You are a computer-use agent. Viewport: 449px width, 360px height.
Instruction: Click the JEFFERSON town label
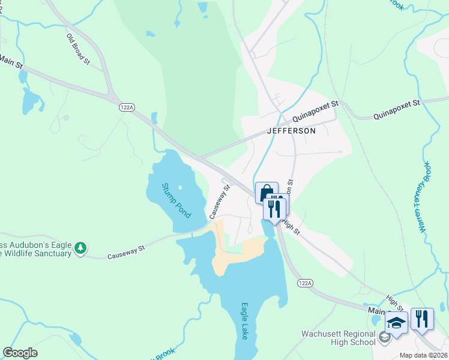click(x=291, y=131)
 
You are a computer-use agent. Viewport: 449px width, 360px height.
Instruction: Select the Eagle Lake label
click(x=244, y=321)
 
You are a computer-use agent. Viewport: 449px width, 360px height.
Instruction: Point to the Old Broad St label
click(x=78, y=49)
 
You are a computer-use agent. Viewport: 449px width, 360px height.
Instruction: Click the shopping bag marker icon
click(x=267, y=193)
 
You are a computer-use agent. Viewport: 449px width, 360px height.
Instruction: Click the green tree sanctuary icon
click(x=80, y=248)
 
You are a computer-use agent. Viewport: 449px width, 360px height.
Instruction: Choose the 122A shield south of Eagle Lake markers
click(x=304, y=282)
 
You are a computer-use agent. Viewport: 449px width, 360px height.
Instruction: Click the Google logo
click(x=20, y=353)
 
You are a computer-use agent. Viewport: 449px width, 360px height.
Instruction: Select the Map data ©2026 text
click(x=423, y=355)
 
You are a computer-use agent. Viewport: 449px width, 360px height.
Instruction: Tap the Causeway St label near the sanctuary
click(x=127, y=252)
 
